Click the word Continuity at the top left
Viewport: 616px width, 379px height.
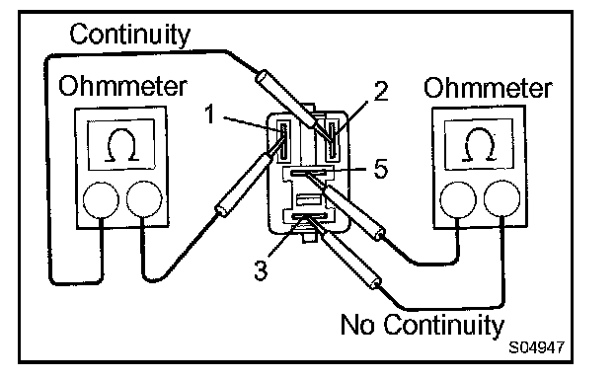point(129,35)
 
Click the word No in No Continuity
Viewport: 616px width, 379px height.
point(356,325)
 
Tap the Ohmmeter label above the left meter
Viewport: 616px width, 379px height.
point(122,86)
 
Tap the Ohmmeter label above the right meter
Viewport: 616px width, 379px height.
point(488,88)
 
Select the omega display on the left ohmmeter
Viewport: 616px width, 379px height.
point(121,145)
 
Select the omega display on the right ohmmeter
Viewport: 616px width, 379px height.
point(479,144)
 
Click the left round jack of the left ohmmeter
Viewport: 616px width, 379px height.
point(101,200)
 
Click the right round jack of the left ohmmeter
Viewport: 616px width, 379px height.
point(144,199)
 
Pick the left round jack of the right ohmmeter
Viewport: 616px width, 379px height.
point(458,199)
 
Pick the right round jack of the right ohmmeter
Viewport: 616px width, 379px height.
point(502,198)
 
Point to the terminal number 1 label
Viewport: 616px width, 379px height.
point(210,114)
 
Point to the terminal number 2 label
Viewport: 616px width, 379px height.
point(381,91)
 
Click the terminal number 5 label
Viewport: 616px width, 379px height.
point(380,169)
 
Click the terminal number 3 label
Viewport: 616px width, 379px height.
point(261,270)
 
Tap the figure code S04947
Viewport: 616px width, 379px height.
point(537,347)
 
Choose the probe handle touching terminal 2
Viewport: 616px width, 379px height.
point(285,98)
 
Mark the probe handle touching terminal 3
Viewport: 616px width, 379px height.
point(350,261)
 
